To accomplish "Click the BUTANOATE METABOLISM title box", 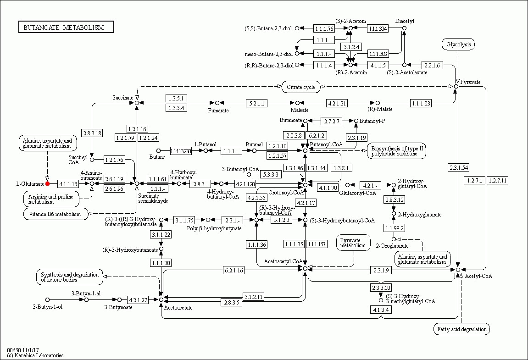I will (66, 28).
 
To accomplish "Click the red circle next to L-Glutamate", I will (48, 184).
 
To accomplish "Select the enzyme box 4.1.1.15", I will (68, 184).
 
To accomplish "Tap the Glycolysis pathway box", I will (458, 44).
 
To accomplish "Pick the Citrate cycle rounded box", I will (301, 87).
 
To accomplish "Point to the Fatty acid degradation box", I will (461, 329).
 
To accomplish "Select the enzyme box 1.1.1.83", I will (421, 103).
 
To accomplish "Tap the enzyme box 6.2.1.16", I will (233, 271).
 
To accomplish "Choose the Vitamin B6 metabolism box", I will (56, 214).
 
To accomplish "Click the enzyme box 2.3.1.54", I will (459, 167).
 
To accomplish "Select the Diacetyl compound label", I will (405, 21).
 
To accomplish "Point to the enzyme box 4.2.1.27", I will (138, 300).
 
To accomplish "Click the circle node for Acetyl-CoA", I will (458, 270).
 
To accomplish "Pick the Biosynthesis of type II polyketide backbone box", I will (397, 151).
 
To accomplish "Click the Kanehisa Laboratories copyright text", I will (35, 355).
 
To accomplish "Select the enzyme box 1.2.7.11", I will (497, 180).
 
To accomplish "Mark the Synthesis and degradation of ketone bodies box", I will (69, 277).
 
